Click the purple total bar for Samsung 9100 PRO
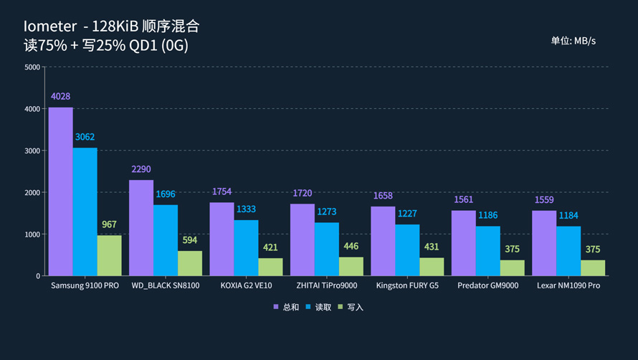[x=60, y=191]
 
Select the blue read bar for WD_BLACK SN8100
[x=166, y=240]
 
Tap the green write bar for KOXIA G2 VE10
[x=270, y=267]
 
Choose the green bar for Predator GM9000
[x=512, y=267]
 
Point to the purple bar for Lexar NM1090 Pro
[x=544, y=243]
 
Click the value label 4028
[x=60, y=97]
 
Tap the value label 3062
[x=85, y=137]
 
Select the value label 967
[x=109, y=224]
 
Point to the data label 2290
[x=141, y=169]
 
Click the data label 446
[x=351, y=246]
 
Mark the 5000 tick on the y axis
[x=32, y=67]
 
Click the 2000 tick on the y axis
[x=32, y=192]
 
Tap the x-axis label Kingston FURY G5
[x=407, y=285]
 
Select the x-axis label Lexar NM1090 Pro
[x=568, y=285]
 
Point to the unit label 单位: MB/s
[x=573, y=41]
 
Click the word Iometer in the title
[x=49, y=27]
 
